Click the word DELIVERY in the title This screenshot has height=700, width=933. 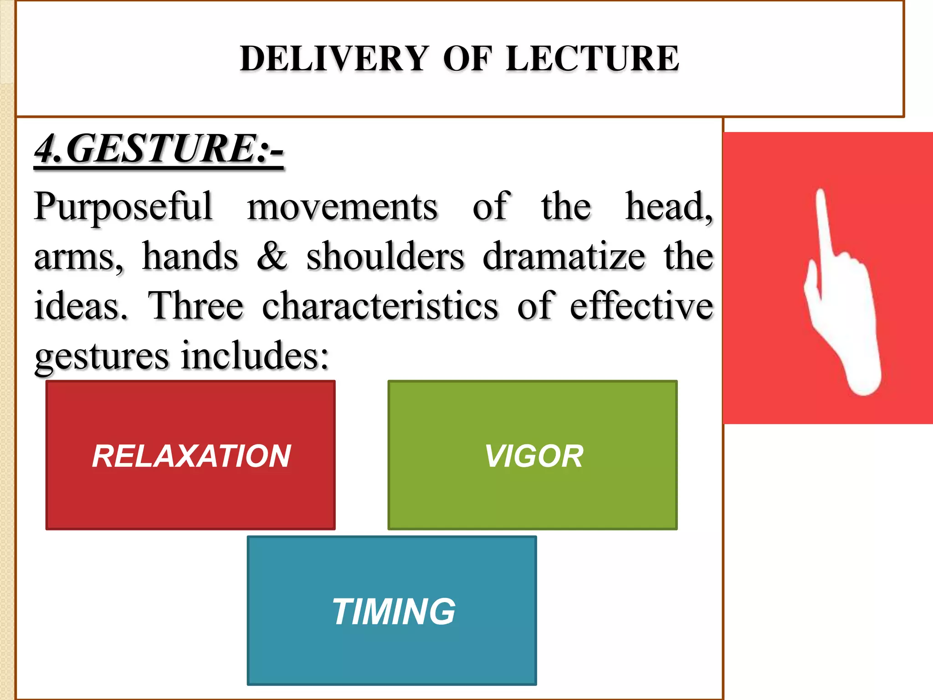tap(333, 59)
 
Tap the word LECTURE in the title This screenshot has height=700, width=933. tap(592, 59)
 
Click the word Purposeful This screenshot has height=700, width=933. tap(123, 207)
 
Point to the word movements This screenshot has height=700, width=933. tap(342, 207)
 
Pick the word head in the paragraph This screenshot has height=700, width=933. tap(667, 207)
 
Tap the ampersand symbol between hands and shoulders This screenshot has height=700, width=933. tap(272, 256)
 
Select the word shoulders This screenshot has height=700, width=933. tap(385, 256)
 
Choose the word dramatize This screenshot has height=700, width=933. tap(564, 256)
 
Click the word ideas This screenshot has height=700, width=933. tap(81, 306)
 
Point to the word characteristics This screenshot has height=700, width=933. tap(380, 306)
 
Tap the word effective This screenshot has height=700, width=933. tap(641, 306)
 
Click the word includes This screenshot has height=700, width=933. tap(255, 356)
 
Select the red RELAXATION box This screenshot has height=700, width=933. tap(190, 455)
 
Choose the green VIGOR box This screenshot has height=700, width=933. tap(532, 455)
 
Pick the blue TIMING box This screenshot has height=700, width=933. tap(392, 611)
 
